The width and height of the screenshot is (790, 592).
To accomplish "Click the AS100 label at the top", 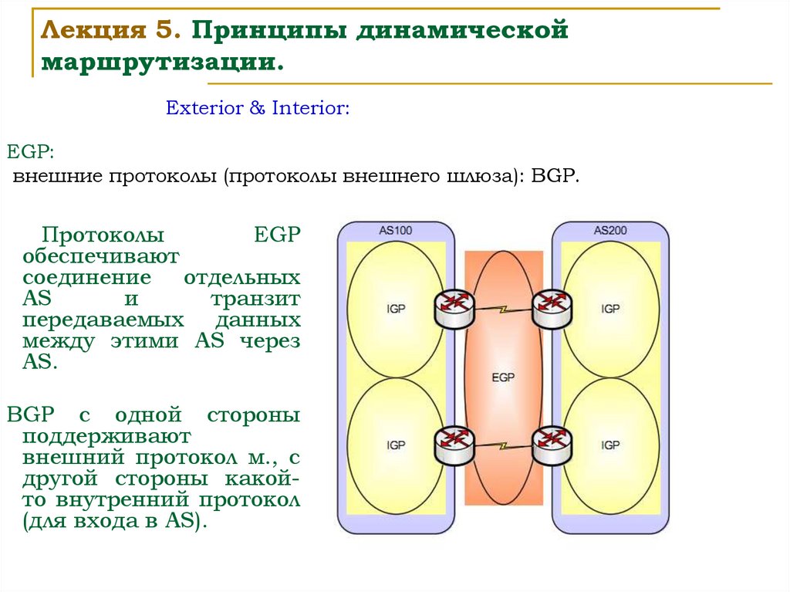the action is (x=396, y=230).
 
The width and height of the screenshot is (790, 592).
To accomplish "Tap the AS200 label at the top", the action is (x=610, y=230).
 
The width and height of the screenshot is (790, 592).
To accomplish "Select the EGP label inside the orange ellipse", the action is (x=503, y=377).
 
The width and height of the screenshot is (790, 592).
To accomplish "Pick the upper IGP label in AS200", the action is (x=610, y=309).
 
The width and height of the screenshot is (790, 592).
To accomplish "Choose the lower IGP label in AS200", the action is (x=610, y=445).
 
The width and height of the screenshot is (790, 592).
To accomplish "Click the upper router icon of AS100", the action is (x=452, y=308).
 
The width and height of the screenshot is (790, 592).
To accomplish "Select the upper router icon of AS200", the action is (x=551, y=308).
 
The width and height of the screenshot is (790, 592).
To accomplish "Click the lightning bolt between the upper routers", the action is (x=502, y=310).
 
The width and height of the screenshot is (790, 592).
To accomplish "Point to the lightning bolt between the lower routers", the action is (x=502, y=446).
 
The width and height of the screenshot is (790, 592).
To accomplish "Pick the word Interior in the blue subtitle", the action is (x=311, y=108).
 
